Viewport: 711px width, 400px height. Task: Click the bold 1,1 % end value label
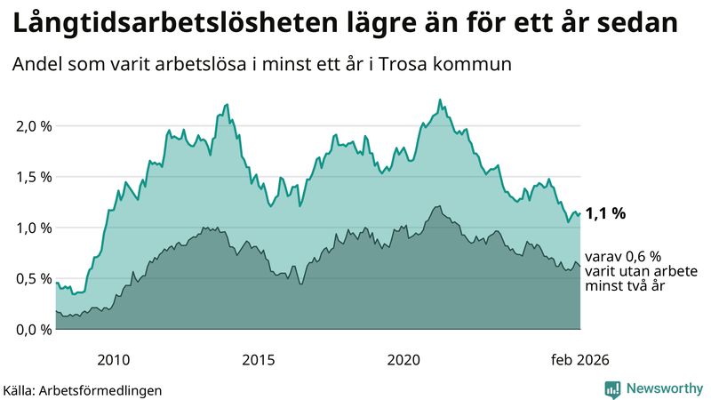coord(606,213)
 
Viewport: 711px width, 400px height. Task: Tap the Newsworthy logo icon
coord(612,388)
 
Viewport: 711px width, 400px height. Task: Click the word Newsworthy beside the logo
coord(664,388)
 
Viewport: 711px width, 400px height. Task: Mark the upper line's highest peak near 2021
coord(440,100)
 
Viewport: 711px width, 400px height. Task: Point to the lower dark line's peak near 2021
coord(437,206)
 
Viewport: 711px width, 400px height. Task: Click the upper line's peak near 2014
coord(228,104)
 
